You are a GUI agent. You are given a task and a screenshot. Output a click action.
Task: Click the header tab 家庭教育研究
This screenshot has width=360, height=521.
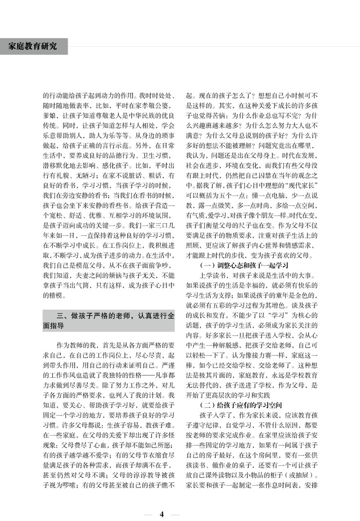tap(33, 46)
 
